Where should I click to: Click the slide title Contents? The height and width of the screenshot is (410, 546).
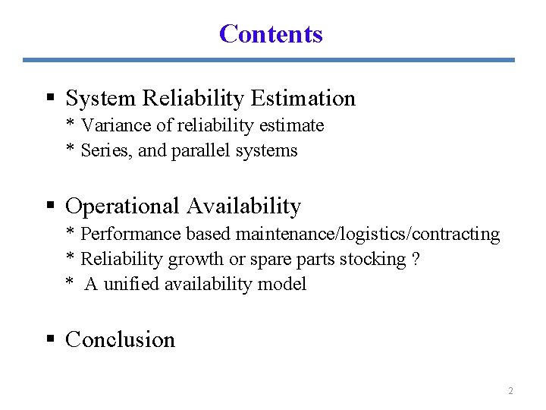click(271, 33)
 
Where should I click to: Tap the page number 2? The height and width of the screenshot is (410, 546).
click(510, 391)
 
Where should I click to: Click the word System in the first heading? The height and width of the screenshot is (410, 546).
click(101, 99)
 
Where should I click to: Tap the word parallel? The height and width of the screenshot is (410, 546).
click(201, 150)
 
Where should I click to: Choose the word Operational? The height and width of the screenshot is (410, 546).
click(124, 207)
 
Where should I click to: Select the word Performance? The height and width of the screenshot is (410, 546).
click(124, 234)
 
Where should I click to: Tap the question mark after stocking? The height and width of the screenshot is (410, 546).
click(415, 259)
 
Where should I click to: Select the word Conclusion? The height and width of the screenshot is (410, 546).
click(120, 339)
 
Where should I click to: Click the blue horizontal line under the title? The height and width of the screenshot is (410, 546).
click(268, 60)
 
